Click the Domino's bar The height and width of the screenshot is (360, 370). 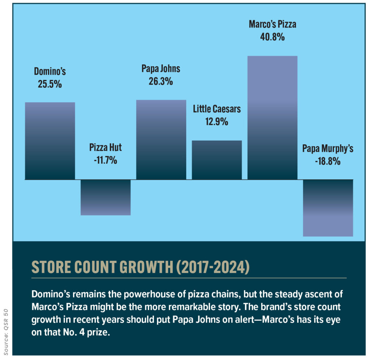(x=50, y=141)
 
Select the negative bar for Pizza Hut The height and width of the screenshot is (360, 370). (x=106, y=197)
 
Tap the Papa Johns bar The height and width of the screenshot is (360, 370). (x=161, y=140)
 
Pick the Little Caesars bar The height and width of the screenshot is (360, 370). (x=217, y=160)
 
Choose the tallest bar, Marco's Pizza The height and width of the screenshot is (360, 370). (x=272, y=118)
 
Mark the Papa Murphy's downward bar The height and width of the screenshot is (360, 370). (x=328, y=208)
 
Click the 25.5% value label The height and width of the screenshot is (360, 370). (x=50, y=85)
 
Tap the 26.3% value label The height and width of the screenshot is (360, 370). (x=160, y=81)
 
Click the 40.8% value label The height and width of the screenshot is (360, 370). (x=272, y=37)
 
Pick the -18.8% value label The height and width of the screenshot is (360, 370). (x=328, y=161)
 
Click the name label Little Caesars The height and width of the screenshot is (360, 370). (x=217, y=109)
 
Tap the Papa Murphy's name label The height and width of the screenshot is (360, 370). (x=328, y=149)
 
